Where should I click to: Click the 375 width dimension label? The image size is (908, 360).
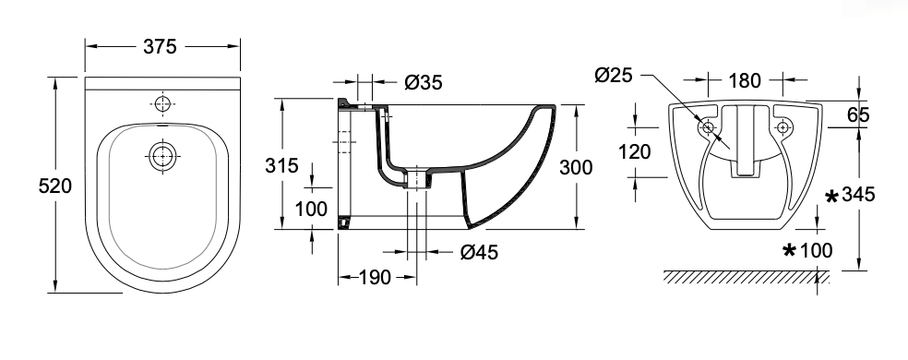click(x=160, y=46)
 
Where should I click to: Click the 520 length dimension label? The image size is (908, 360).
click(x=55, y=186)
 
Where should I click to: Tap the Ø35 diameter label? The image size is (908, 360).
click(x=424, y=83)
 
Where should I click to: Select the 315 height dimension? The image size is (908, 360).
click(x=282, y=166)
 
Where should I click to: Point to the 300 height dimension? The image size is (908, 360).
click(x=576, y=167)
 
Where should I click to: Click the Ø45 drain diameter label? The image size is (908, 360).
click(x=480, y=252)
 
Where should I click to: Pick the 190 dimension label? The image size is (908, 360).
click(x=375, y=278)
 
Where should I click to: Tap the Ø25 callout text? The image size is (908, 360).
click(x=614, y=76)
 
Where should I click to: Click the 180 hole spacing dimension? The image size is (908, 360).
click(x=744, y=81)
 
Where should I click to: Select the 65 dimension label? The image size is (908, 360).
click(x=858, y=114)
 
